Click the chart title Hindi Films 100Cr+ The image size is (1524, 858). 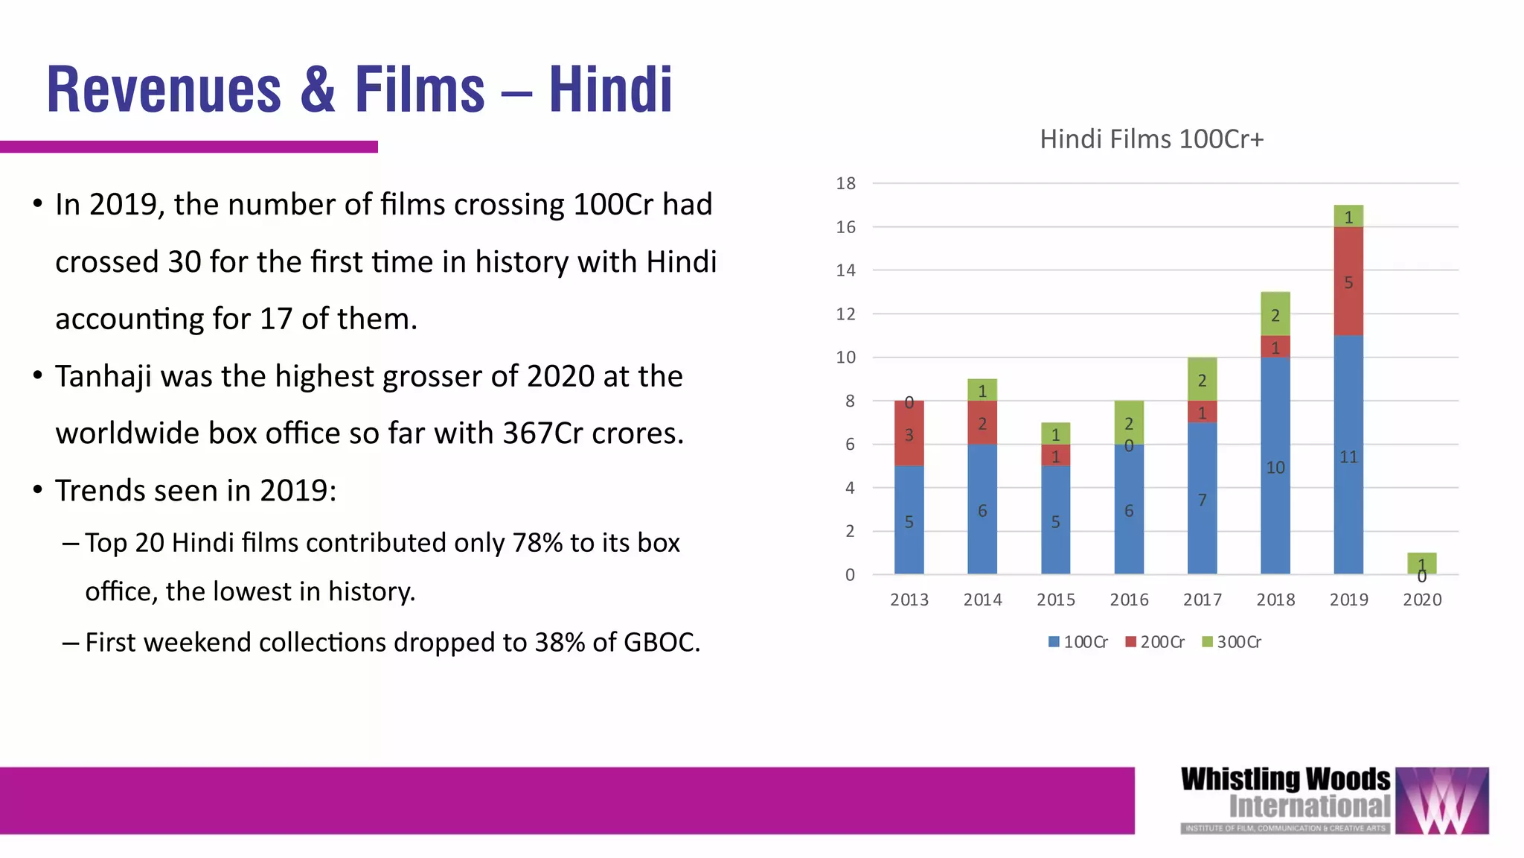pyautogui.click(x=1151, y=139)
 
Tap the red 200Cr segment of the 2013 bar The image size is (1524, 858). pyautogui.click(x=909, y=433)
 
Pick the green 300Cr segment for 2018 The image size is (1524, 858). pyautogui.click(x=1275, y=314)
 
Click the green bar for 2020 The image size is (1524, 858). pyautogui.click(x=1421, y=563)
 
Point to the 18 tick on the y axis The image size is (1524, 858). pyautogui.click(x=846, y=183)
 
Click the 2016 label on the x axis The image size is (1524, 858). pyautogui.click(x=1129, y=600)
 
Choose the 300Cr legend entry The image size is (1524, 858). pyautogui.click(x=1232, y=642)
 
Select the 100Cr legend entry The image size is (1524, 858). pyautogui.click(x=1078, y=642)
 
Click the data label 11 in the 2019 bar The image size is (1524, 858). pyautogui.click(x=1348, y=457)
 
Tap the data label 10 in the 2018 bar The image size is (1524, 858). pyautogui.click(x=1275, y=468)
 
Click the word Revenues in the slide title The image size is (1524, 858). pyautogui.click(x=164, y=90)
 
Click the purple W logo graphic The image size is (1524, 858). pyautogui.click(x=1441, y=801)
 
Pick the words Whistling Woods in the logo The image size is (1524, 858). pyautogui.click(x=1285, y=780)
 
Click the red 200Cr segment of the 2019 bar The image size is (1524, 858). pyautogui.click(x=1348, y=282)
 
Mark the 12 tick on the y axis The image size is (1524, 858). pyautogui.click(x=846, y=314)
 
